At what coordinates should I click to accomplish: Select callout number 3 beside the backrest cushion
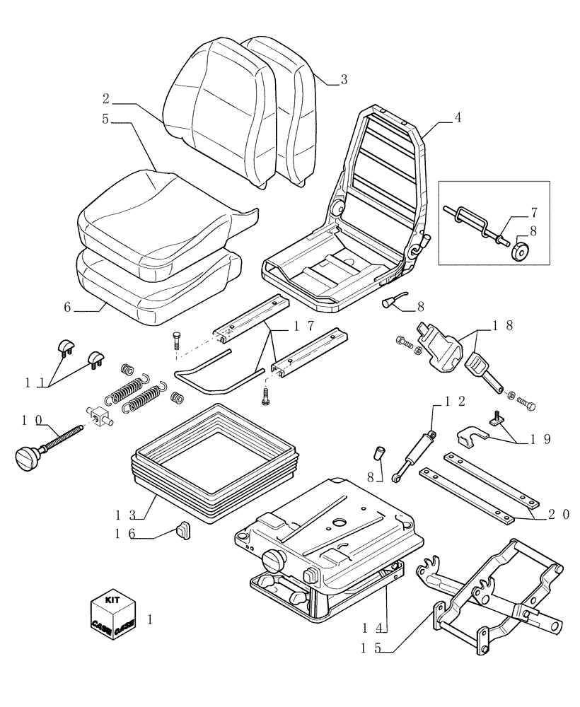point(344,80)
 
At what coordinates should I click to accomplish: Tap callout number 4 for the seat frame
point(458,118)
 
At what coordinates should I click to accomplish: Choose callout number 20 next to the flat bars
point(558,515)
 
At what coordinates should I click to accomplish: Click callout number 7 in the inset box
point(534,213)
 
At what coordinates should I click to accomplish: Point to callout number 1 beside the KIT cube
point(149,619)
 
